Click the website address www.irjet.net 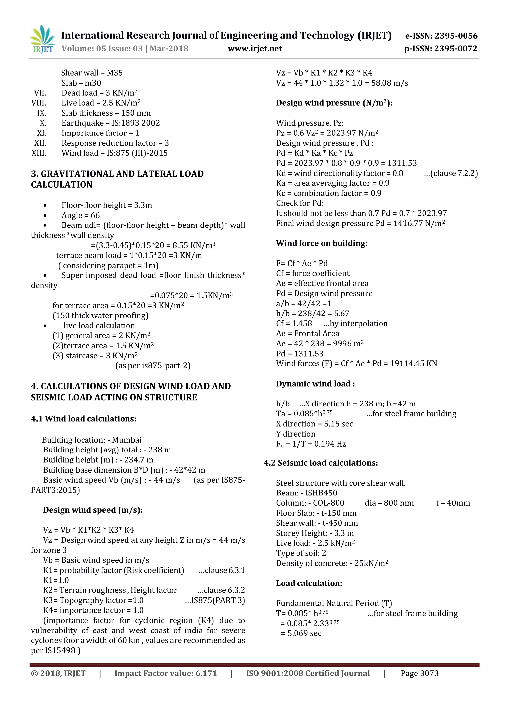(255, 49)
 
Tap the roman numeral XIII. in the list (39, 153)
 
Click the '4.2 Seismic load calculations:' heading (321, 463)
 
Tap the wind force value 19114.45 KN (413, 363)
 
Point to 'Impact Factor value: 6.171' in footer (166, 673)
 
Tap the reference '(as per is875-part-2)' (153, 366)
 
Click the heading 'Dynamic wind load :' (315, 384)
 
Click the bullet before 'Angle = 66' (45, 216)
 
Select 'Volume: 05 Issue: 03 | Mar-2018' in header (125, 49)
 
